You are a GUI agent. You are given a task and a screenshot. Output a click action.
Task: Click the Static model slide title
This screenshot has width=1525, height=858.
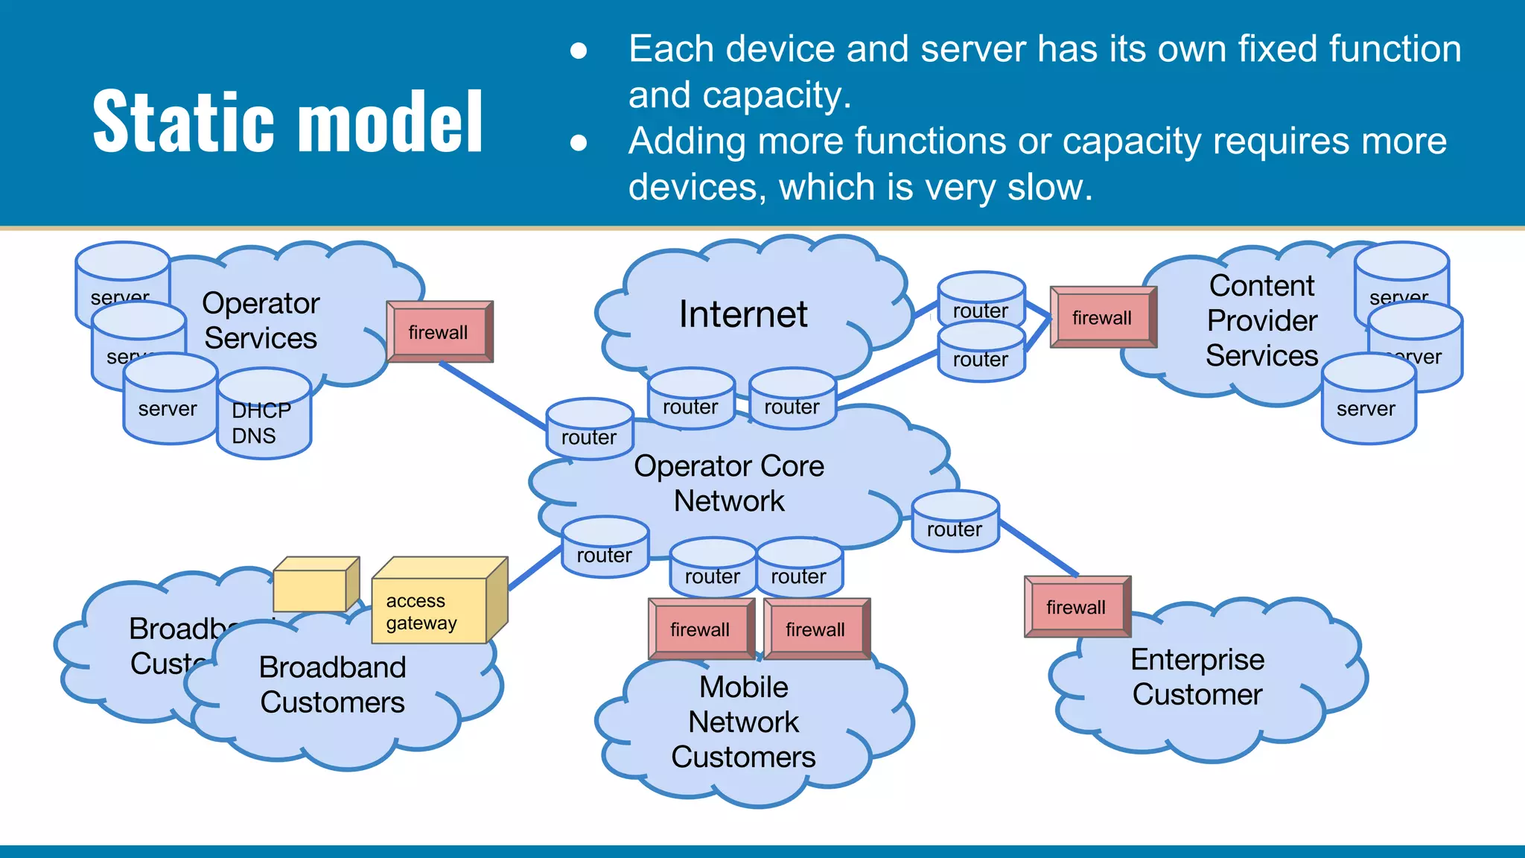point(288,121)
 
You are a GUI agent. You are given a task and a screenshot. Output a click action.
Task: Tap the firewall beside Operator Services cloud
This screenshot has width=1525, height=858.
point(439,332)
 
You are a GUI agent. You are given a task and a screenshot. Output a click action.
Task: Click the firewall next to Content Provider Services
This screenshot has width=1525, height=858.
point(1103,318)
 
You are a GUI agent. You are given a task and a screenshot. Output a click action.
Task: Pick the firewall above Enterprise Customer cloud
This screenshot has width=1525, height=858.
point(1077,607)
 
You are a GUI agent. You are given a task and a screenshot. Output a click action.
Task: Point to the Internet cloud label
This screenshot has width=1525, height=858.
point(743,314)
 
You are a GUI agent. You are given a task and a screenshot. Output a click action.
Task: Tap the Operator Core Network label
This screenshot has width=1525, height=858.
point(729,483)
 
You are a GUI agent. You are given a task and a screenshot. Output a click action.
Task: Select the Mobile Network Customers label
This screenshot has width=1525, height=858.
point(743,721)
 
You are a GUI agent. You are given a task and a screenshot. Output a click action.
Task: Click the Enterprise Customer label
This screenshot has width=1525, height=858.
point(1197,676)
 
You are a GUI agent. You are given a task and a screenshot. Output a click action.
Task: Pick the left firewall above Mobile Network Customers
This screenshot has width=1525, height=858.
point(701,629)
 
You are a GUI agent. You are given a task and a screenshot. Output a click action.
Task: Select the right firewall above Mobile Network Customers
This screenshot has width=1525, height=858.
point(816,629)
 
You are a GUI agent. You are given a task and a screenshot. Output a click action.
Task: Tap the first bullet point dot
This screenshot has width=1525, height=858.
point(579,51)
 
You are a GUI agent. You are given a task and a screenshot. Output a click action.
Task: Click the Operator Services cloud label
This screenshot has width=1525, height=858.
point(261,320)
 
